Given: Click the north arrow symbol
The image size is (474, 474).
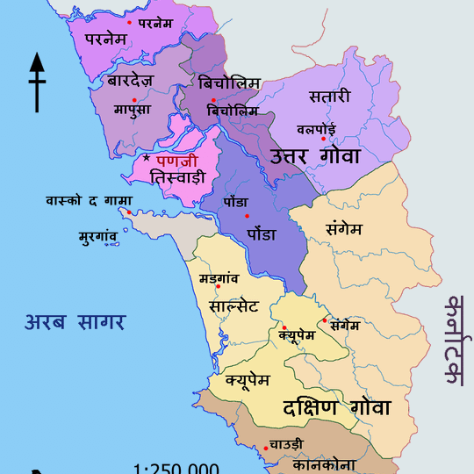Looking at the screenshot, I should pos(37,83).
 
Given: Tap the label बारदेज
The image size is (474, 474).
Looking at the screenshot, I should pos(131,82).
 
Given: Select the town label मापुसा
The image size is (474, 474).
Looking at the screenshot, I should pos(133,110).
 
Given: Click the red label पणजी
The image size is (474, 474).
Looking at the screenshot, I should pos(177,161).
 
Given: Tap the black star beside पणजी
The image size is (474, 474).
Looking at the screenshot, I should pos(147,159).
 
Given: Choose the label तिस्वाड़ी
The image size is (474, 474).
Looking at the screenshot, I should pos(177,177).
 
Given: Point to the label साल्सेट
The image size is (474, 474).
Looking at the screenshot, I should pos(233,306).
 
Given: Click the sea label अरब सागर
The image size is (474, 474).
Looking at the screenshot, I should pos(75,321).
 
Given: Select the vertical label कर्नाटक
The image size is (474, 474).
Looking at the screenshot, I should pos(454,342).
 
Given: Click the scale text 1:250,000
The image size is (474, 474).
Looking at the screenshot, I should pos(176,468).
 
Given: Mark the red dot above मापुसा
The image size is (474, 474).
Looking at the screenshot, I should pos(134,99).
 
